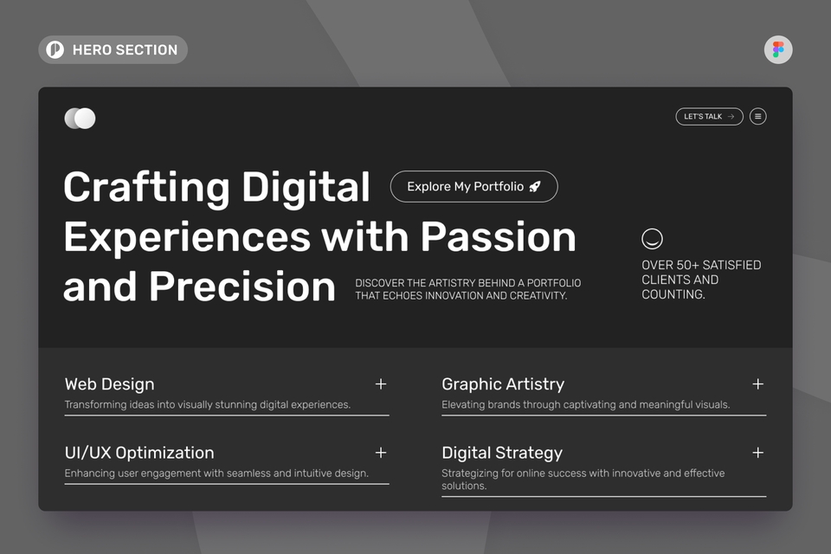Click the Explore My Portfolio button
tap(473, 186)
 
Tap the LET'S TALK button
tap(708, 116)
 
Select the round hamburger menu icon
tap(757, 116)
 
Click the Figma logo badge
tap(777, 49)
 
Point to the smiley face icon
tap(652, 238)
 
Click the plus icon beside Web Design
tap(380, 383)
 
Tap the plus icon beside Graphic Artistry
tap(757, 383)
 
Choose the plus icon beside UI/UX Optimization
tap(380, 452)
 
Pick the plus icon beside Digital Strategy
tap(757, 452)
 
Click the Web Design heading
tap(109, 384)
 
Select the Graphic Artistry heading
tap(502, 384)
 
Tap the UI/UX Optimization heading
tap(139, 453)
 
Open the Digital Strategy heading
tap(501, 453)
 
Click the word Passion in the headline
tap(498, 236)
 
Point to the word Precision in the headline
tap(242, 287)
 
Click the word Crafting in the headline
tap(146, 187)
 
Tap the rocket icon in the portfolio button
tap(535, 186)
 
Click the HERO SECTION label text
tap(125, 50)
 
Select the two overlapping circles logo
tap(80, 119)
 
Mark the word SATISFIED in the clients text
tap(731, 265)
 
